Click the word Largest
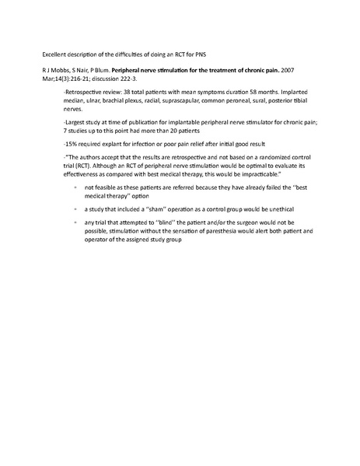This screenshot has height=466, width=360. coord(79,133)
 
